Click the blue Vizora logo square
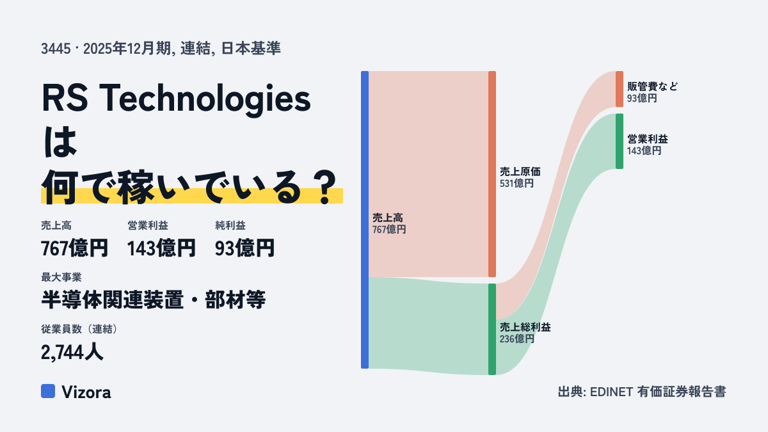coord(48,391)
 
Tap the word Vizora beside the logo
coord(86,392)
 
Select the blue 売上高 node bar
coord(365,220)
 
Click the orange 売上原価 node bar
coord(492,174)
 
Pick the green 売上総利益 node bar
coord(492,329)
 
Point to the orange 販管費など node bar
coord(620,89)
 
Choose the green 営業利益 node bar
coord(620,141)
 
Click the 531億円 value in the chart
coord(516,184)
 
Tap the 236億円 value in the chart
coord(516,339)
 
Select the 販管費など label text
coord(652,86)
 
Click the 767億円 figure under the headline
coord(74,248)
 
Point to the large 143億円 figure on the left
coord(161,248)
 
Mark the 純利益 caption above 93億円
coord(230,225)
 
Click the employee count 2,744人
coord(72,352)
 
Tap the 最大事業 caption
coord(61,277)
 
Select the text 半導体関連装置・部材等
coord(153,300)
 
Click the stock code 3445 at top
coord(56,49)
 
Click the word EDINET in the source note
coord(611,392)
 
